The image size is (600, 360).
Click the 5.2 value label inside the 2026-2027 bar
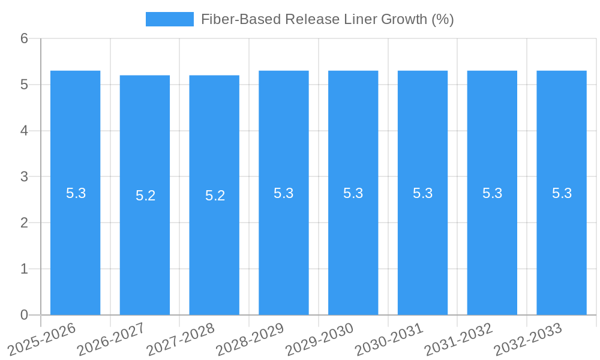coord(145,196)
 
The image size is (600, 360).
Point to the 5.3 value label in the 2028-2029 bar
coord(283,193)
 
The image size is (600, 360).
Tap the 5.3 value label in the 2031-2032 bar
coord(492,193)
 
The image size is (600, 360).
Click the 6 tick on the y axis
coord(24,39)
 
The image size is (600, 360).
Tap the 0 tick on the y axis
coord(24,315)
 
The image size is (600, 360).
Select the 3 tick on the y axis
coord(24,177)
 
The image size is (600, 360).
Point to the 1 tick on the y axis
coord(24,269)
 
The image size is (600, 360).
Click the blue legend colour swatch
coord(170,19)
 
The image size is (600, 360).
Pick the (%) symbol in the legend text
coord(443,19)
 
